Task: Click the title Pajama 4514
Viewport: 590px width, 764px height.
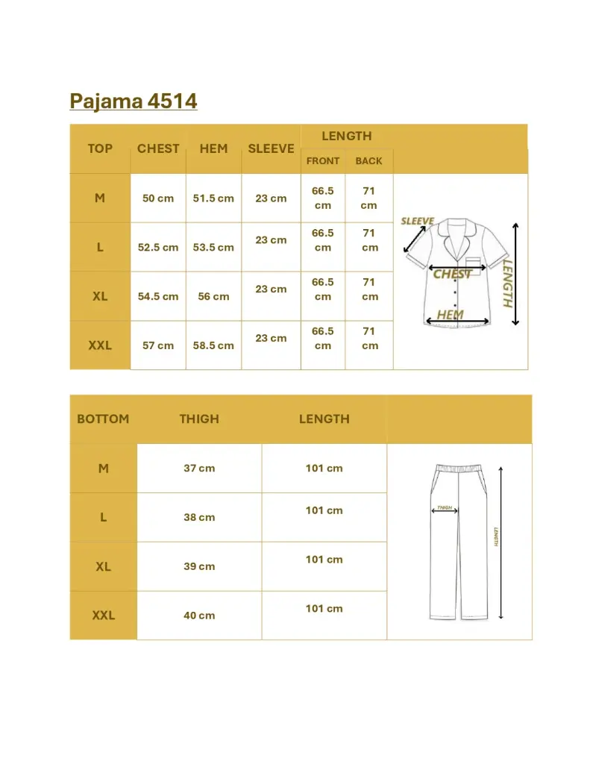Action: tap(134, 101)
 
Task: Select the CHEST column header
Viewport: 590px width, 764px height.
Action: tap(158, 148)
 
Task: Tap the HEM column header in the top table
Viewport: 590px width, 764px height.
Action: tap(213, 148)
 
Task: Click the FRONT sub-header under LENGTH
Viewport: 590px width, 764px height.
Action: tap(323, 161)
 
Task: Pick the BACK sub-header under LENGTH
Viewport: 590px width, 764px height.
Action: tap(368, 161)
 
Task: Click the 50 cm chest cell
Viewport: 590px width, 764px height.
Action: tap(158, 198)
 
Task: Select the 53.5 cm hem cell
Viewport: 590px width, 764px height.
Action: tap(213, 248)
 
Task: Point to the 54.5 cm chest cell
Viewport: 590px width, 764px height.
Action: tap(158, 296)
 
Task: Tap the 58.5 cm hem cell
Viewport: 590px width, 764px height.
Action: tap(213, 345)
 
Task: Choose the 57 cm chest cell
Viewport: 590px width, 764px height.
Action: tap(158, 345)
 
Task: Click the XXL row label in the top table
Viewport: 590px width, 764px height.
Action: tap(100, 345)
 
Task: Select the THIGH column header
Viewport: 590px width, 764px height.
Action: tap(199, 419)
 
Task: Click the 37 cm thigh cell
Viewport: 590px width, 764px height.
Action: tap(199, 469)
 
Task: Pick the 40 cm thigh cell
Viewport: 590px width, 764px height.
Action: tap(199, 616)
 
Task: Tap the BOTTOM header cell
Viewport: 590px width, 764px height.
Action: tap(103, 419)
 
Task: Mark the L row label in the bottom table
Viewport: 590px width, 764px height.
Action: tap(103, 517)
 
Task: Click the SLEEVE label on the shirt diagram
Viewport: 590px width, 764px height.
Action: tap(417, 222)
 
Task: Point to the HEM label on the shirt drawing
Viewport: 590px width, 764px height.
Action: tap(450, 315)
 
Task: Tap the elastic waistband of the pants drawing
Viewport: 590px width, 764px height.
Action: tap(459, 468)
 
